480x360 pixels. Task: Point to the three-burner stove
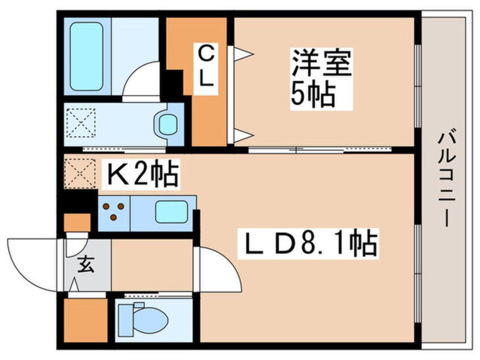114,212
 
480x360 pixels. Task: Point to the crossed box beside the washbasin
81,121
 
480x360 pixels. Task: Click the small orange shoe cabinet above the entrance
77,223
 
